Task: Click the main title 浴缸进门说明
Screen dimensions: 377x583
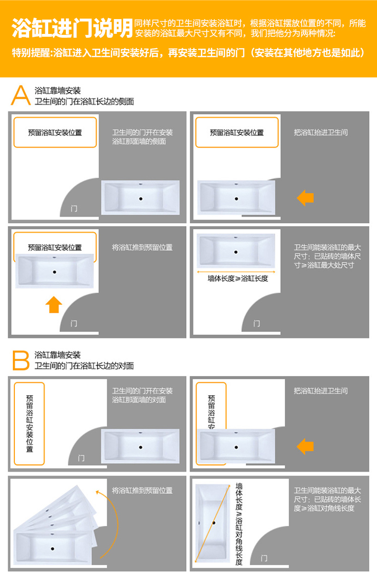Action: (x=72, y=28)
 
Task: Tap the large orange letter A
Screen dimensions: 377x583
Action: (x=21, y=95)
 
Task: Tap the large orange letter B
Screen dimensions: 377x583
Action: (x=21, y=360)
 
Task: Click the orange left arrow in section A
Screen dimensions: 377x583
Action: (x=305, y=198)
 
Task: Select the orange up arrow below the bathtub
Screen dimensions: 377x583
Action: (x=54, y=305)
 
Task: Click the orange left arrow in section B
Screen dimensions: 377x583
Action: (x=305, y=446)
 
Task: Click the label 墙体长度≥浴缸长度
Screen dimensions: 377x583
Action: (x=238, y=279)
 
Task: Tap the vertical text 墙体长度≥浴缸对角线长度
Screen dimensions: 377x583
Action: (x=239, y=524)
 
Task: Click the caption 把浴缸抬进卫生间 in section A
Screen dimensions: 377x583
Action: (x=321, y=132)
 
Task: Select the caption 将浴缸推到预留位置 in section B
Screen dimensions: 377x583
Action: (x=142, y=490)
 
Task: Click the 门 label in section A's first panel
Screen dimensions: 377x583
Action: (x=74, y=209)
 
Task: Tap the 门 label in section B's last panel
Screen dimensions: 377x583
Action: (x=264, y=558)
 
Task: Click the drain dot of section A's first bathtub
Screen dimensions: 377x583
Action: (x=141, y=199)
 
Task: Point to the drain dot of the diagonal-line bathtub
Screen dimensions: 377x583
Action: (x=214, y=523)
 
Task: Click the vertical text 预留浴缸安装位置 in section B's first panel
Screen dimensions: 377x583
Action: (x=30, y=424)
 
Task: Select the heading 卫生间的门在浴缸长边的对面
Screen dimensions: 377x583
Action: (x=84, y=366)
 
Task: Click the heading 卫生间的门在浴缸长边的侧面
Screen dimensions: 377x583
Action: (x=84, y=101)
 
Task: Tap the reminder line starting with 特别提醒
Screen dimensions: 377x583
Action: (x=188, y=53)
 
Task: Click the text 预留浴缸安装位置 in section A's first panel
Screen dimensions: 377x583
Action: (x=55, y=133)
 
